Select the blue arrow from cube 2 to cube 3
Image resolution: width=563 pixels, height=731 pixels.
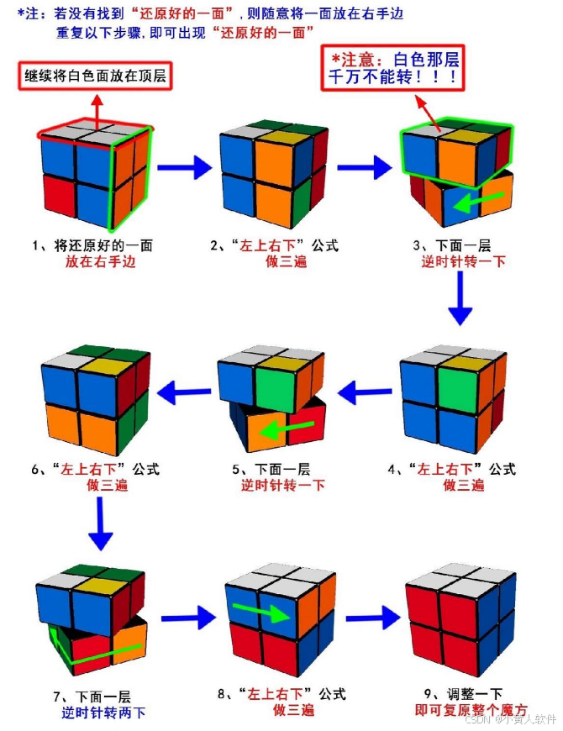pyautogui.click(x=364, y=168)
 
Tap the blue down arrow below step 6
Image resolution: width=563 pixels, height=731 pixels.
pyautogui.click(x=100, y=525)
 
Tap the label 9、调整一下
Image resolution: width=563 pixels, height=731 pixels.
pyautogui.click(x=463, y=694)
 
